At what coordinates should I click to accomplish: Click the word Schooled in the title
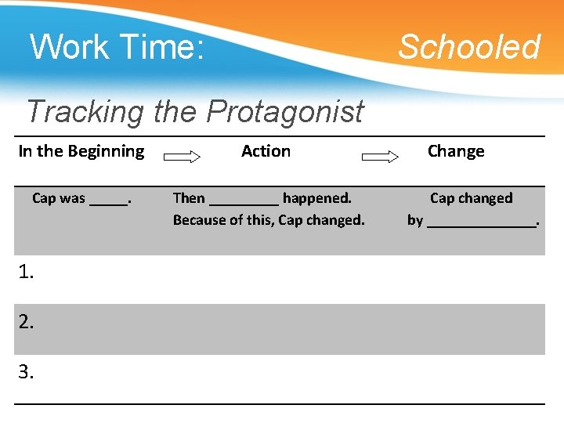point(468,47)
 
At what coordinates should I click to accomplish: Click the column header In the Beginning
point(81,151)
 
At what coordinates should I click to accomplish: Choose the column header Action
point(266,151)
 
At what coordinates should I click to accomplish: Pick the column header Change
point(456,151)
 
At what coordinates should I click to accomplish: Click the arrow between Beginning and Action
point(182,157)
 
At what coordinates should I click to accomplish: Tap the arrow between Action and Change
point(381,157)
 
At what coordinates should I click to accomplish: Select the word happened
point(316,198)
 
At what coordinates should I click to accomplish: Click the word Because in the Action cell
point(199,220)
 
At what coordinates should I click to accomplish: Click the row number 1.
point(27,272)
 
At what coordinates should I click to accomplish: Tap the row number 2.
point(27,322)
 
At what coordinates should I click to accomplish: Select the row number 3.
point(27,372)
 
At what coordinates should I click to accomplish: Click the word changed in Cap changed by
point(486,198)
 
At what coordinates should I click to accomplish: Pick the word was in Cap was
point(73,198)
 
